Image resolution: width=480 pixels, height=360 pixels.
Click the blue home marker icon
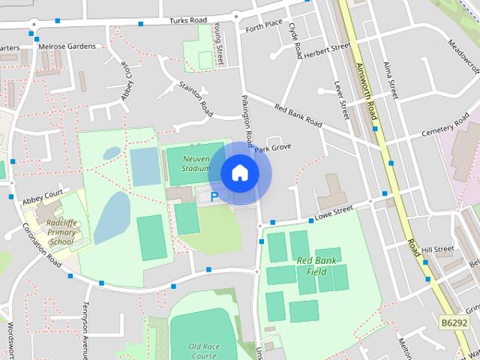pos(240,173)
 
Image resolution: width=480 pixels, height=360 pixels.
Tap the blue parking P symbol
pos(214,197)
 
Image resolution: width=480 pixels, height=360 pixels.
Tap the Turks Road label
pos(187,21)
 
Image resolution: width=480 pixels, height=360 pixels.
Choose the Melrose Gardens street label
pos(68,46)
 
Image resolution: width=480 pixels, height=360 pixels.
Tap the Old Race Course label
pos(203,351)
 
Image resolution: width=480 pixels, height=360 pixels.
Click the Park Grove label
pos(272,148)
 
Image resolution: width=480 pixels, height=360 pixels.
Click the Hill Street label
pos(437,249)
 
